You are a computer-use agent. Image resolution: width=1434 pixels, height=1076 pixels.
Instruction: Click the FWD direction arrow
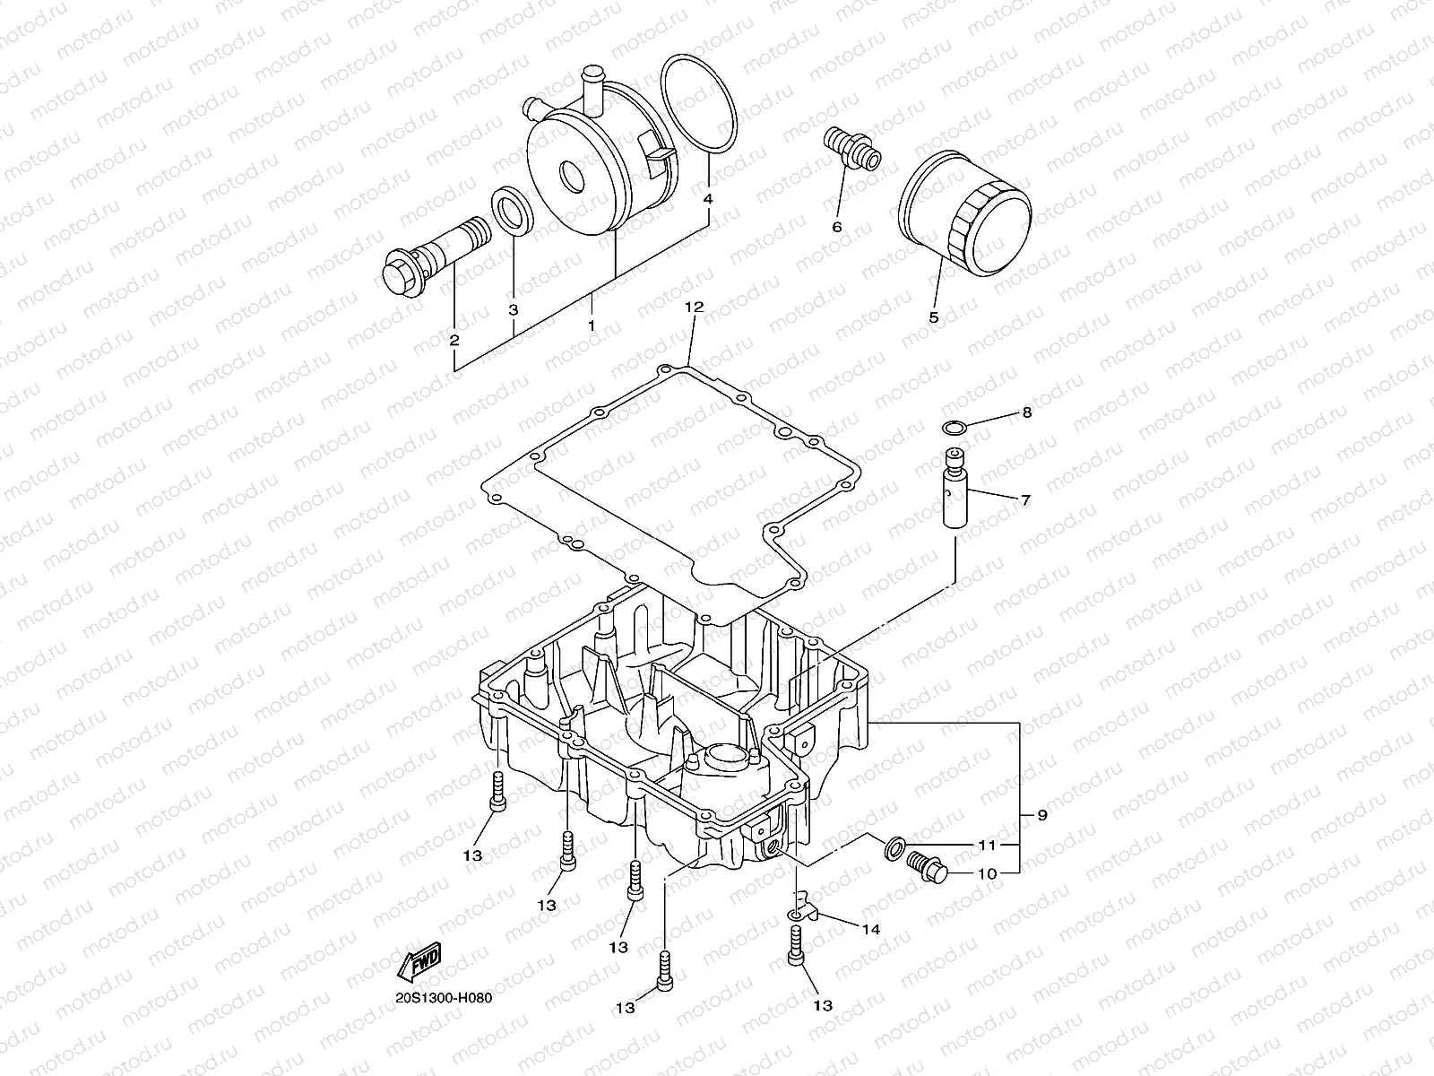point(419,962)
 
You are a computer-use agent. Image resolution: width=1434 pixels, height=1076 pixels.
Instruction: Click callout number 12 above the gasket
point(695,307)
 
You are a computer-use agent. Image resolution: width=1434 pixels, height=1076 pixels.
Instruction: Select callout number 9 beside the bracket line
point(1041,815)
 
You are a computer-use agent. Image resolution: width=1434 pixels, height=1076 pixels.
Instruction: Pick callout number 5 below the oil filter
point(933,317)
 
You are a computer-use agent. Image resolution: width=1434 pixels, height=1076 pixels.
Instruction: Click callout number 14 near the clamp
point(871,929)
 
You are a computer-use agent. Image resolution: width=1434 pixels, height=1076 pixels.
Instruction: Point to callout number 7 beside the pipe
point(1025,499)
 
